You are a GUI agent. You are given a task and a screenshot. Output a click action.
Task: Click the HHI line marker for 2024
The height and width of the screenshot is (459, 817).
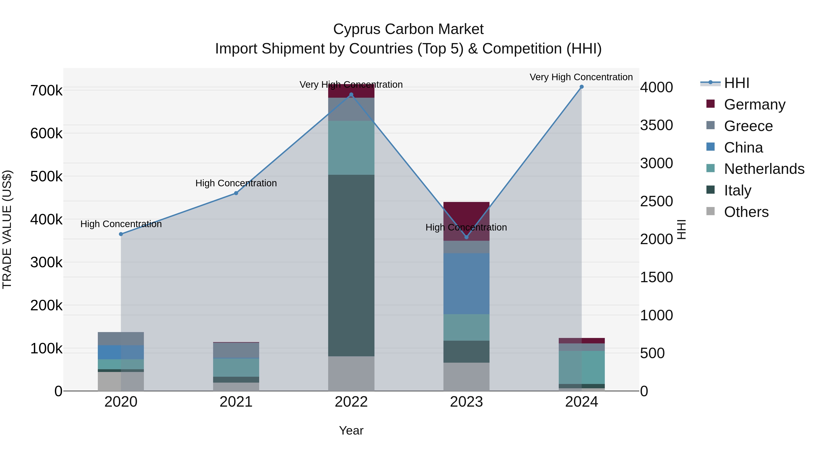point(581,87)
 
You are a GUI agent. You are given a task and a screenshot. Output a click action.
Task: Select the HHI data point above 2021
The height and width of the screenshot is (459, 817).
point(236,193)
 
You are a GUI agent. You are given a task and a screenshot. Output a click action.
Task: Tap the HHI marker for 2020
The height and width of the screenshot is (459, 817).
point(121,234)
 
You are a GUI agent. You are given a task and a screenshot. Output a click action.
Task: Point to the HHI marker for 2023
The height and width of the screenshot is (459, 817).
point(466,237)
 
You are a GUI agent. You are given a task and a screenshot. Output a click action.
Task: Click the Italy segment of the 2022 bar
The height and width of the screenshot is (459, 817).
point(351,265)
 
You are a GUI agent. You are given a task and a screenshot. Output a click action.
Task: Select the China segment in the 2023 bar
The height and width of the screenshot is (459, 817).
point(466,284)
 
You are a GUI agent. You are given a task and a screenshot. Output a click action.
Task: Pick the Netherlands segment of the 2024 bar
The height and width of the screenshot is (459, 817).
point(581,367)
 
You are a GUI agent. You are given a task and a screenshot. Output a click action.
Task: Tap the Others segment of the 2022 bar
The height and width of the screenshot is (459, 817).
point(351,374)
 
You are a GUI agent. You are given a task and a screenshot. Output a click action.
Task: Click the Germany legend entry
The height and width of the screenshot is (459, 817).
point(754,104)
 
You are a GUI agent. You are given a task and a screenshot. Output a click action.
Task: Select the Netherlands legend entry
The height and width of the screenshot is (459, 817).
point(764,169)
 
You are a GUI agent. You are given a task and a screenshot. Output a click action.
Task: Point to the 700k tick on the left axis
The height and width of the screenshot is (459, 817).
point(46,91)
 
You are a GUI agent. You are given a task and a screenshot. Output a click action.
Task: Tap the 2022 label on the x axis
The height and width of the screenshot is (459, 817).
point(351,402)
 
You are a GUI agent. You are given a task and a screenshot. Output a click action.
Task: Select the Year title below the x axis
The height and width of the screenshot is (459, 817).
point(351,430)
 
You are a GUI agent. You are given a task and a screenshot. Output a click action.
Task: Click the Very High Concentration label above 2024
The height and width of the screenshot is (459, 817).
point(581,77)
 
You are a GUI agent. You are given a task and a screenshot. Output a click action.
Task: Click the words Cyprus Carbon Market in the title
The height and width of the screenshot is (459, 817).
point(408,29)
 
